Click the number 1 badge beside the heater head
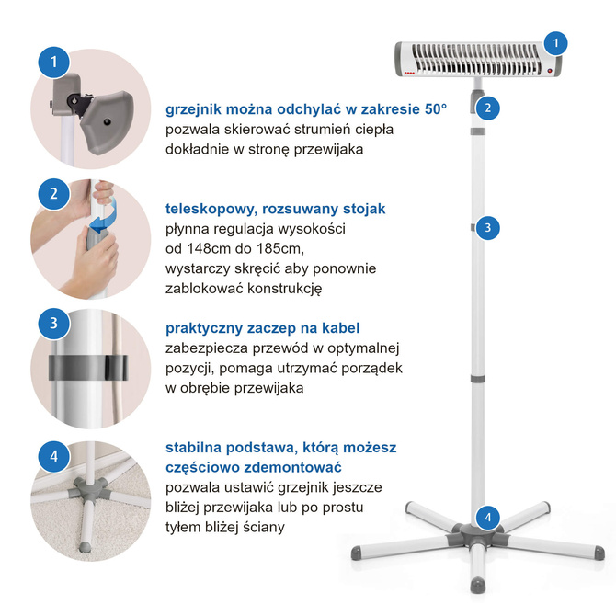click(555, 43)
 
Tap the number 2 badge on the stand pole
click(488, 108)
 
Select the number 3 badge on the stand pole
click(488, 228)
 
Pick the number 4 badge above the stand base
click(488, 517)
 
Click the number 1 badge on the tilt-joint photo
click(54, 63)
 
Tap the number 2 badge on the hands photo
click(54, 194)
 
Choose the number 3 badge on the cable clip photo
click(54, 324)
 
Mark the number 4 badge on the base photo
click(54, 457)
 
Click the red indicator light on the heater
click(550, 71)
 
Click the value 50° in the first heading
click(436, 109)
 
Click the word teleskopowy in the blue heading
click(211, 209)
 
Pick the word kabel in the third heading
click(340, 328)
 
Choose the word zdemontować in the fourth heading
click(292, 467)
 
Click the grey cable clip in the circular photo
click(88, 368)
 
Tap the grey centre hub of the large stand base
click(477, 534)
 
